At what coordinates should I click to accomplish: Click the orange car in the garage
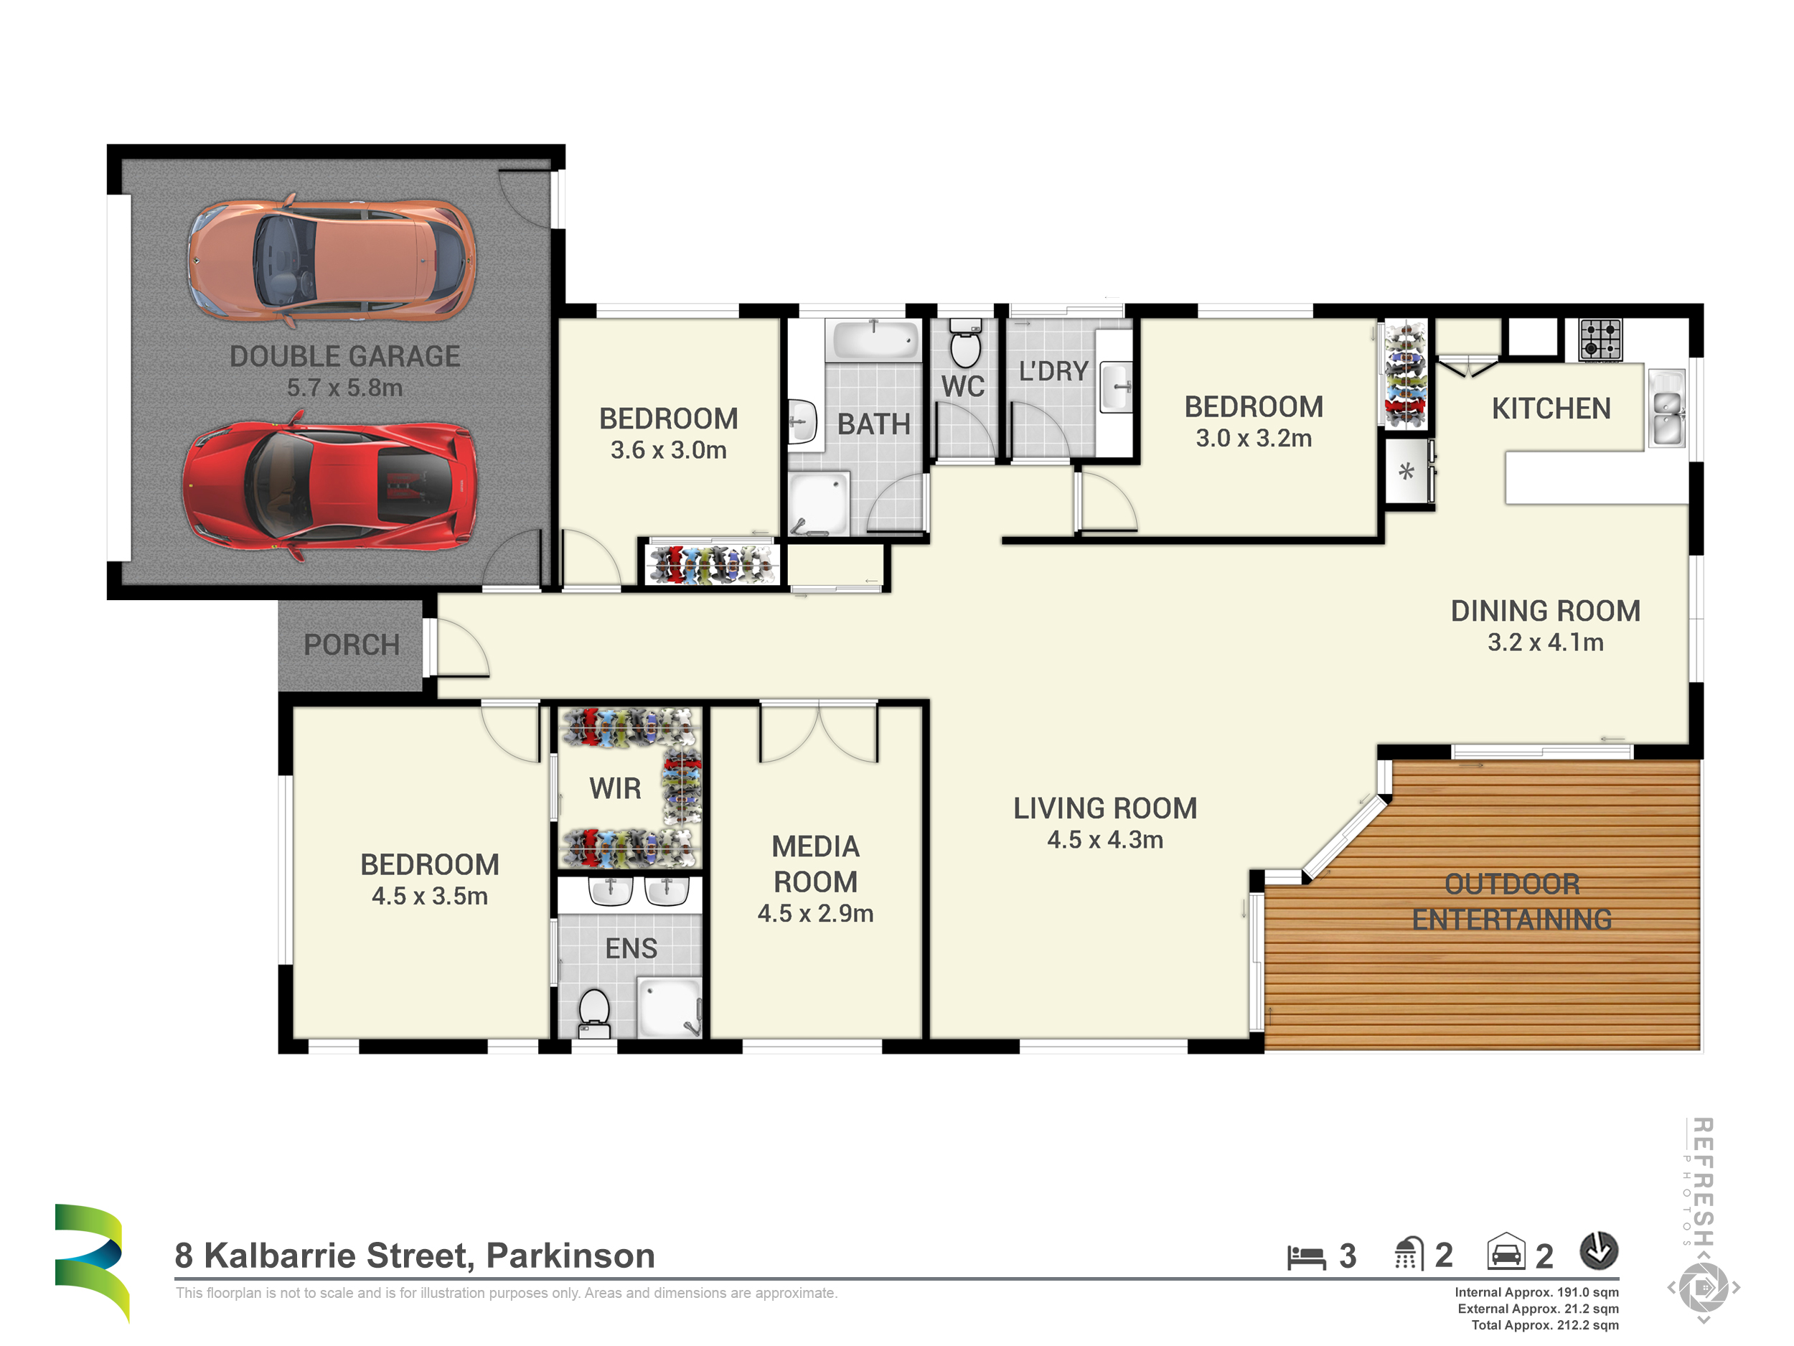[x=332, y=260]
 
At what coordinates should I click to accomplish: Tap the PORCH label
[x=351, y=645]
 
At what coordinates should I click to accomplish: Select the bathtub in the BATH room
[x=874, y=339]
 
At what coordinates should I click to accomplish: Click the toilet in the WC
[x=965, y=343]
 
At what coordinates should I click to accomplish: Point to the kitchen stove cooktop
[x=1600, y=339]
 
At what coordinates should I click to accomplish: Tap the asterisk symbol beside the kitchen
[x=1406, y=472]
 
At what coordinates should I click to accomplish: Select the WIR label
[x=615, y=789]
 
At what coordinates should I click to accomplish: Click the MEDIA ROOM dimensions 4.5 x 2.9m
[x=815, y=914]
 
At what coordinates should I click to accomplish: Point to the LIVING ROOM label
[x=1104, y=808]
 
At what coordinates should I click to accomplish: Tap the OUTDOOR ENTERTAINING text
[x=1512, y=902]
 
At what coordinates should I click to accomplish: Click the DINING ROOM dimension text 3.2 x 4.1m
[x=1545, y=642]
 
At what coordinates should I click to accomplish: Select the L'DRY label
[x=1053, y=372]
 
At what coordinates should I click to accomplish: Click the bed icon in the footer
[x=1306, y=1258]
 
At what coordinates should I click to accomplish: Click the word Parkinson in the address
[x=570, y=1256]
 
